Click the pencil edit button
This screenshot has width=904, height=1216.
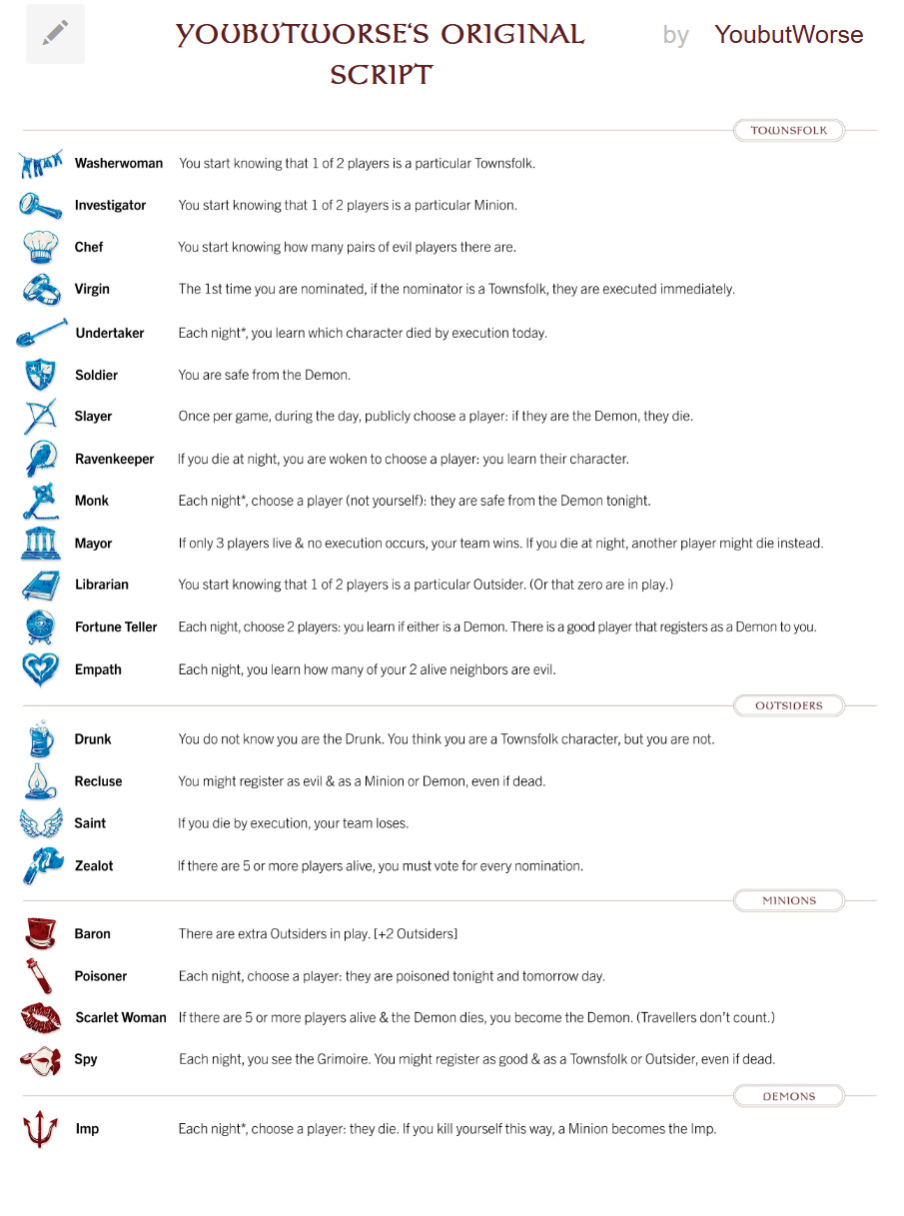(x=55, y=34)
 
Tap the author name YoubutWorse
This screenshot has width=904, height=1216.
(x=788, y=35)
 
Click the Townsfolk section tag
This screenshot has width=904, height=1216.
(x=788, y=130)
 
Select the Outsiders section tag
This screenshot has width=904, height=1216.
(x=788, y=705)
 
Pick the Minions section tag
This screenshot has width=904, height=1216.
(x=788, y=900)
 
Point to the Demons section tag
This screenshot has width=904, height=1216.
(x=788, y=1096)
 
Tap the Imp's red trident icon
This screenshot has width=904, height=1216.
(x=40, y=1129)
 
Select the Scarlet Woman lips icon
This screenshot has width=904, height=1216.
(x=40, y=1017)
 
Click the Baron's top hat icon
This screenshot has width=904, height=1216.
(x=40, y=933)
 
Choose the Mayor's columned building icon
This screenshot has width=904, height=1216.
(x=40, y=544)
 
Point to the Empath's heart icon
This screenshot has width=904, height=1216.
(x=40, y=669)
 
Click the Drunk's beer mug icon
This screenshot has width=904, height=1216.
(x=40, y=739)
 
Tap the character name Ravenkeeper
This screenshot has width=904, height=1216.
(x=114, y=460)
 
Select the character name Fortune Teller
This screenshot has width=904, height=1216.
(x=116, y=627)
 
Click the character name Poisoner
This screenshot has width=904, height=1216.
(x=101, y=976)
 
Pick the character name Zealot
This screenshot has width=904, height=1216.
(x=94, y=866)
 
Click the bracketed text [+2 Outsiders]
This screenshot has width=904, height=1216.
(x=415, y=934)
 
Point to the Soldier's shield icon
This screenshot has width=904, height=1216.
(x=40, y=375)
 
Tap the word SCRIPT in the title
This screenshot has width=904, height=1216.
(x=382, y=75)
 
